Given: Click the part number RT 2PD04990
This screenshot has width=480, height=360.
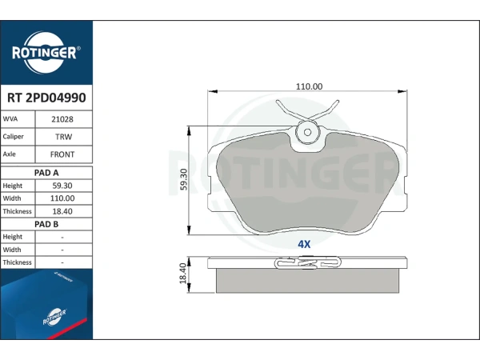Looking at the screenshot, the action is click(46, 98).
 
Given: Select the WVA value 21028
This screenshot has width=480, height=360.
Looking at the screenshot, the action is click(62, 119).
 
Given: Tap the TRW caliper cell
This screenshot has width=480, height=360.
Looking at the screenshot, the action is click(64, 137).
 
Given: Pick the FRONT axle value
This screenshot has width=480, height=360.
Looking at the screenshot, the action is click(62, 154).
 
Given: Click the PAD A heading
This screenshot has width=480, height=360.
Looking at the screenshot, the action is click(46, 173).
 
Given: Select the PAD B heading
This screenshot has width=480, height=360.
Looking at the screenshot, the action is click(46, 224).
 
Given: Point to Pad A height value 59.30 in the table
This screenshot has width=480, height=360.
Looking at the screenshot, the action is click(62, 186).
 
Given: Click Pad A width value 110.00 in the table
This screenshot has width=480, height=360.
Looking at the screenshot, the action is click(62, 198).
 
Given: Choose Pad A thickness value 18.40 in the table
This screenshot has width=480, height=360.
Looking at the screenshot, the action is click(62, 211).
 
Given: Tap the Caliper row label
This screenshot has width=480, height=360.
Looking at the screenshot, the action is click(13, 137).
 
